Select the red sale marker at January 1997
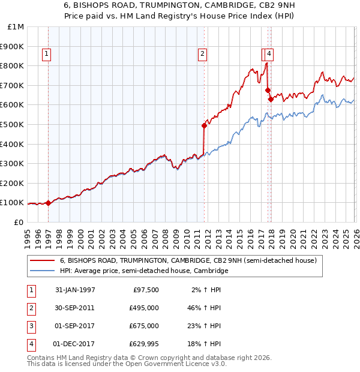pos(48,203)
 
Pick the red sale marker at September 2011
pos(204,125)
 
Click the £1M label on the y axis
pos(16,27)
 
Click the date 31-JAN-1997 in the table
pos(75,290)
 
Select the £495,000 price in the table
pos(144,308)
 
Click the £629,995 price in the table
pos(144,344)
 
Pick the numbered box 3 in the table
pos(31,326)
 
